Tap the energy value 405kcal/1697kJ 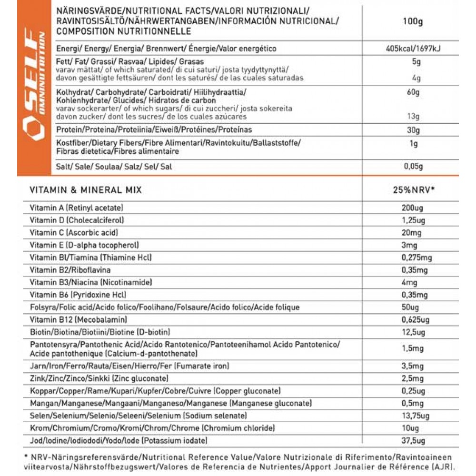[x=412, y=49]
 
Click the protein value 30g [x=412, y=130]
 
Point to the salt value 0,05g [x=412, y=166]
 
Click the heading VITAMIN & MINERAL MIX [x=86, y=190]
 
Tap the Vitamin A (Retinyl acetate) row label [x=77, y=208]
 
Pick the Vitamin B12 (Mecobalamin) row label [x=78, y=319]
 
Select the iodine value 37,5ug [x=412, y=440]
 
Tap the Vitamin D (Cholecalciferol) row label [x=77, y=220]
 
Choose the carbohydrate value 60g [x=412, y=92]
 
